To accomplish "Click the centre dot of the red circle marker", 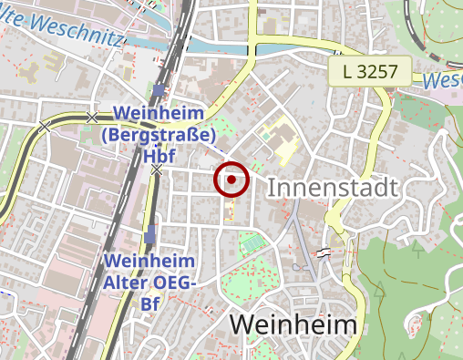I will click(231, 180).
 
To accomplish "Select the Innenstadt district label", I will click(333, 189).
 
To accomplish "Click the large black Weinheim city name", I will click(292, 324).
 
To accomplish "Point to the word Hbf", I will click(159, 155).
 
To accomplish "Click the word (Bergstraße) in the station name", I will click(159, 135).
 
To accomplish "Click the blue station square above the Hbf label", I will click(159, 90).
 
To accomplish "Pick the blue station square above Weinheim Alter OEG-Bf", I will click(149, 238).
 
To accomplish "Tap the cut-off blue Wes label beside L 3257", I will click(443, 80).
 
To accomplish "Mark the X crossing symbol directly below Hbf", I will click(157, 170).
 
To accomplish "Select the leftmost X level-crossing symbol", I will click(44, 125).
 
